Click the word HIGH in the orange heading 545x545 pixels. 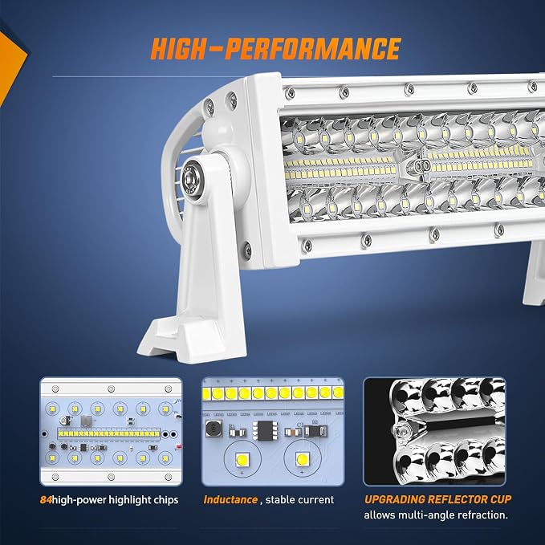179,48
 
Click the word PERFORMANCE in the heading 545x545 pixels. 313,48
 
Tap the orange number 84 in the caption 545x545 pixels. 46,500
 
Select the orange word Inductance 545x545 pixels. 230,500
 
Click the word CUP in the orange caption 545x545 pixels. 501,499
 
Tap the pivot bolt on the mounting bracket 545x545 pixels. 190,179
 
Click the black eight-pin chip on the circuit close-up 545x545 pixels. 265,430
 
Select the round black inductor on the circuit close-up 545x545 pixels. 214,429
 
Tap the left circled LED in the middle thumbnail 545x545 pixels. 242,459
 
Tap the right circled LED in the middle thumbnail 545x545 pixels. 302,459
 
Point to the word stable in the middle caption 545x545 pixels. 279,500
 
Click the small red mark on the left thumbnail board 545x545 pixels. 179,446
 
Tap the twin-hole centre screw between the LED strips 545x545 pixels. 421,166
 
